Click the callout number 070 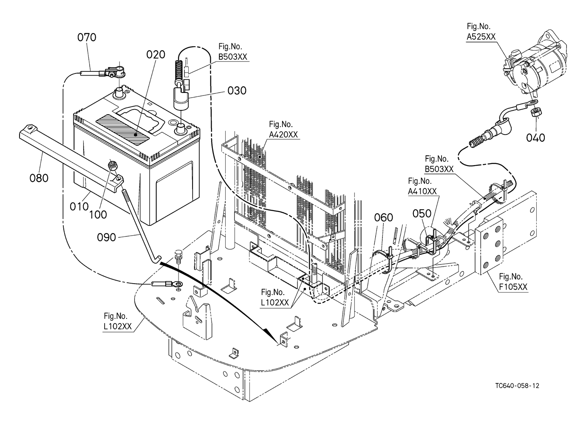87,37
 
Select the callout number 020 156,55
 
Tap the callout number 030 236,90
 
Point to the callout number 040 535,138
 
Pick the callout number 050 422,213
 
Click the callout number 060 384,217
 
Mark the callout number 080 39,178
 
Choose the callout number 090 107,237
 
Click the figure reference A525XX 481,37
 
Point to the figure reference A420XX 283,135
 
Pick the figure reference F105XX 513,287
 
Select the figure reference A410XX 422,191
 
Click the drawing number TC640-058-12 517,386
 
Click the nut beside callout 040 535,114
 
